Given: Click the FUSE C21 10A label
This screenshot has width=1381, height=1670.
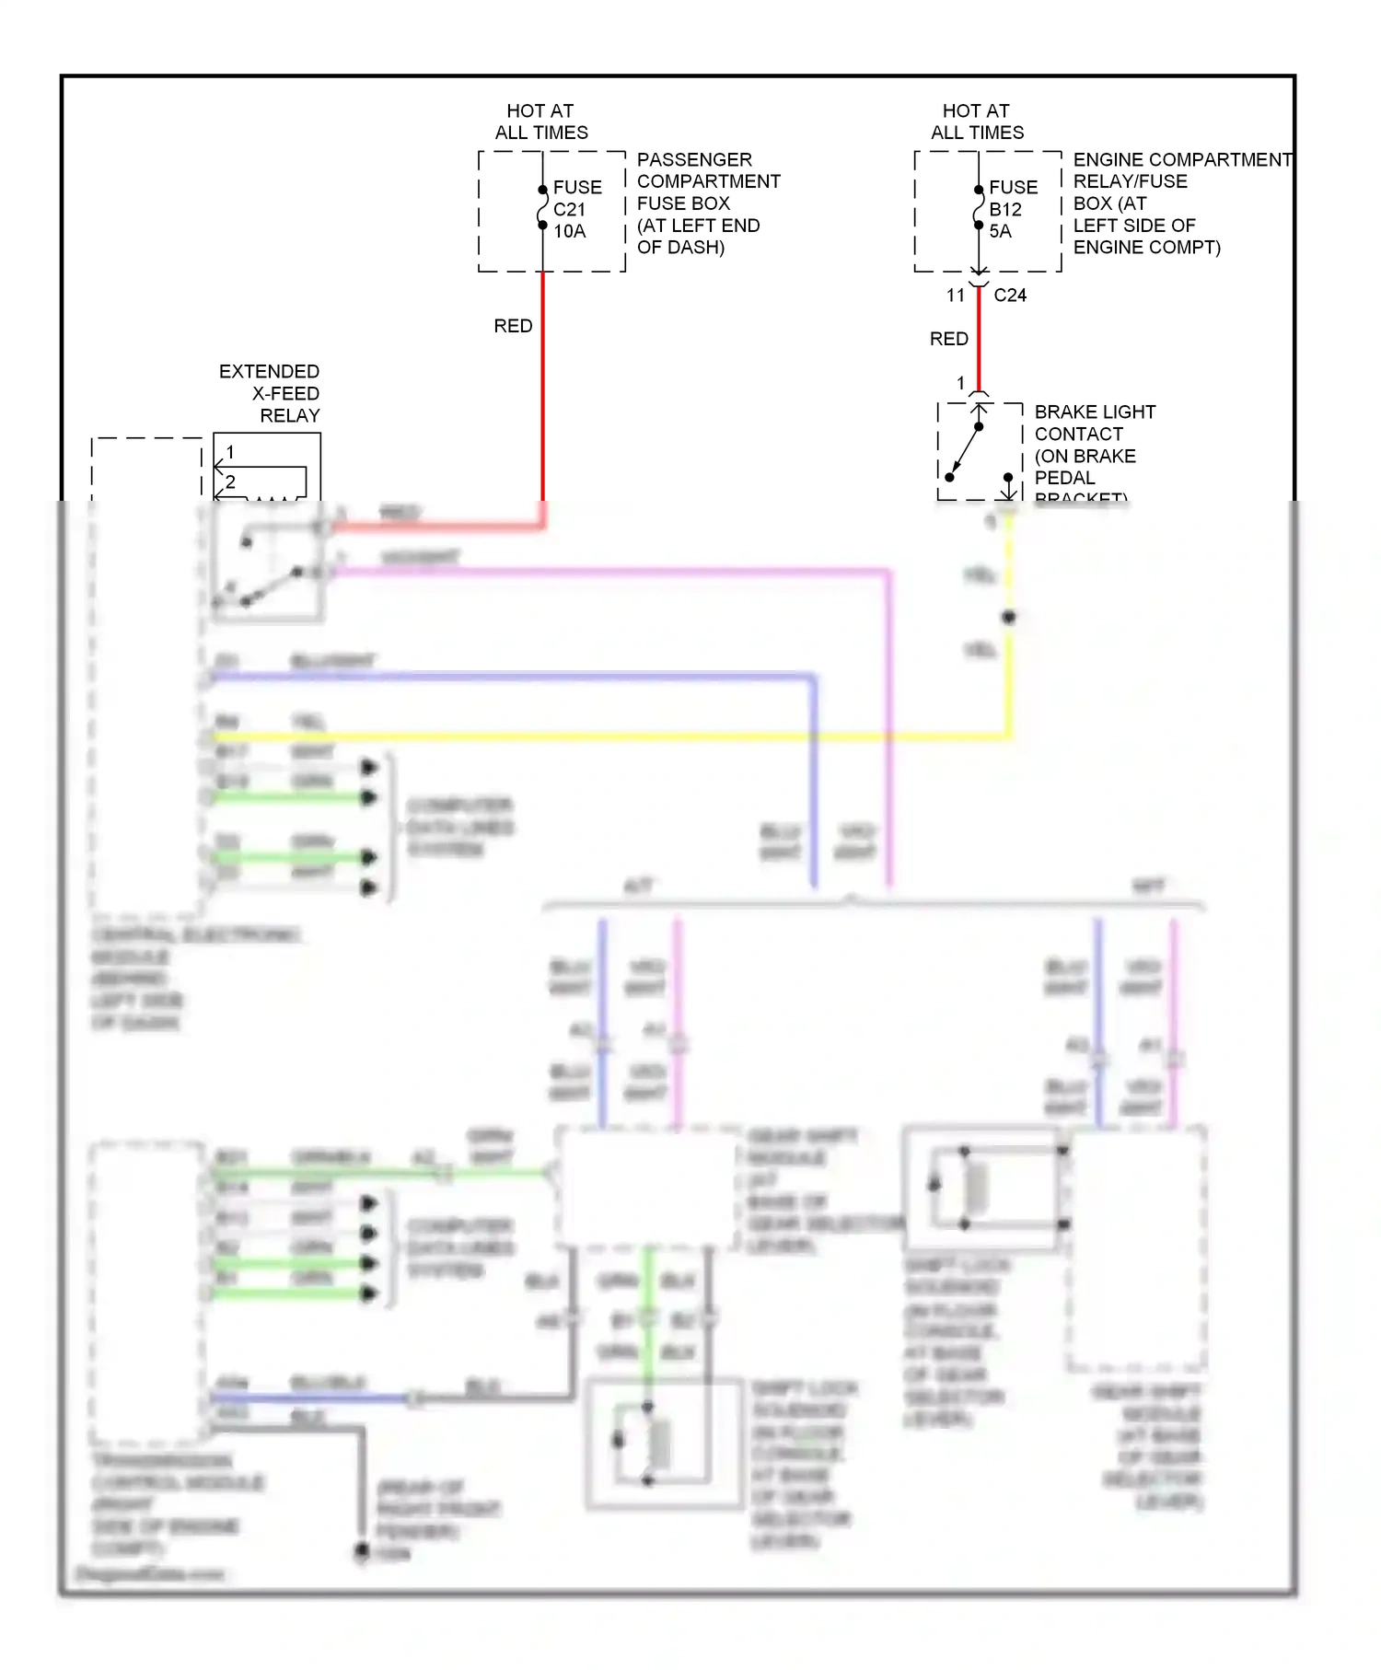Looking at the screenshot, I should coord(576,209).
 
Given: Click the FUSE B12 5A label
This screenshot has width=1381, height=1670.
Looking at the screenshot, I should coord(1012,209).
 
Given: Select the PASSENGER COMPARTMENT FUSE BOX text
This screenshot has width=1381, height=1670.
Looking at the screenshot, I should coord(707,203).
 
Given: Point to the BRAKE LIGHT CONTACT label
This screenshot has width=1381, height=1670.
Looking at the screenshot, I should coord(1094,444).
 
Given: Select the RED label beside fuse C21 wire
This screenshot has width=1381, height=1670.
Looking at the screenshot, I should coord(513,326).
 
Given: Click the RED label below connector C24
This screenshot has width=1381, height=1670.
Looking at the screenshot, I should coord(948,339).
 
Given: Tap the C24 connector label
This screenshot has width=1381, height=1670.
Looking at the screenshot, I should coord(1010,296).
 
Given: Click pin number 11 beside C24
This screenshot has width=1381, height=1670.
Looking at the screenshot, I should coord(955,296).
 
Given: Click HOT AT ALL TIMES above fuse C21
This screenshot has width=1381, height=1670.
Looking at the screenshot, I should coord(541,122).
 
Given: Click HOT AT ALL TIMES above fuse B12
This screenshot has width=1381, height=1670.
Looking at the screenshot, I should coord(977,122).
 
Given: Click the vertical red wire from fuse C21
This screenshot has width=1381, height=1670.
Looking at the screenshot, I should coord(542,396).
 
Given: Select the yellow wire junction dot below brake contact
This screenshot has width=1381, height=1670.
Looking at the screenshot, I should coord(1009,618).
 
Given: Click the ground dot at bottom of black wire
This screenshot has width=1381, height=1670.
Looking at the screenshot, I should coord(363,1552).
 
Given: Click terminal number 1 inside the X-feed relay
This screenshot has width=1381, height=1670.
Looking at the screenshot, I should coord(230,452).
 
